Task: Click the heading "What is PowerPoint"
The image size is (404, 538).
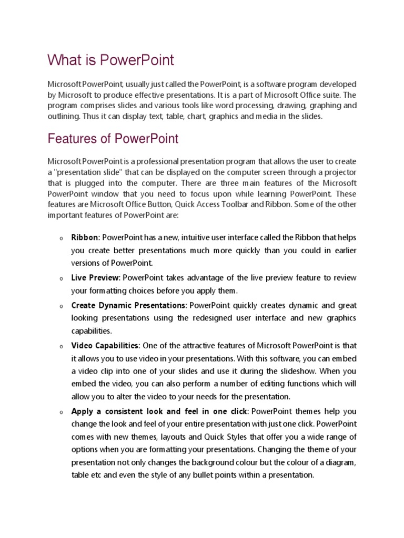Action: pos(110,60)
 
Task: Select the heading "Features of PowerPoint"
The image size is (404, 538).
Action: pos(113,139)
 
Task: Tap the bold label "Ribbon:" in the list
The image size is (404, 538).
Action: pos(86,238)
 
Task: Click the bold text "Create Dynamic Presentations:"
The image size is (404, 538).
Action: pos(129,305)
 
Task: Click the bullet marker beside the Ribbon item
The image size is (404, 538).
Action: pos(62,239)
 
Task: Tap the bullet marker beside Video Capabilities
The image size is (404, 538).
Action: pos(62,346)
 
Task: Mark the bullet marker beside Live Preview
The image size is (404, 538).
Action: pos(62,278)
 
